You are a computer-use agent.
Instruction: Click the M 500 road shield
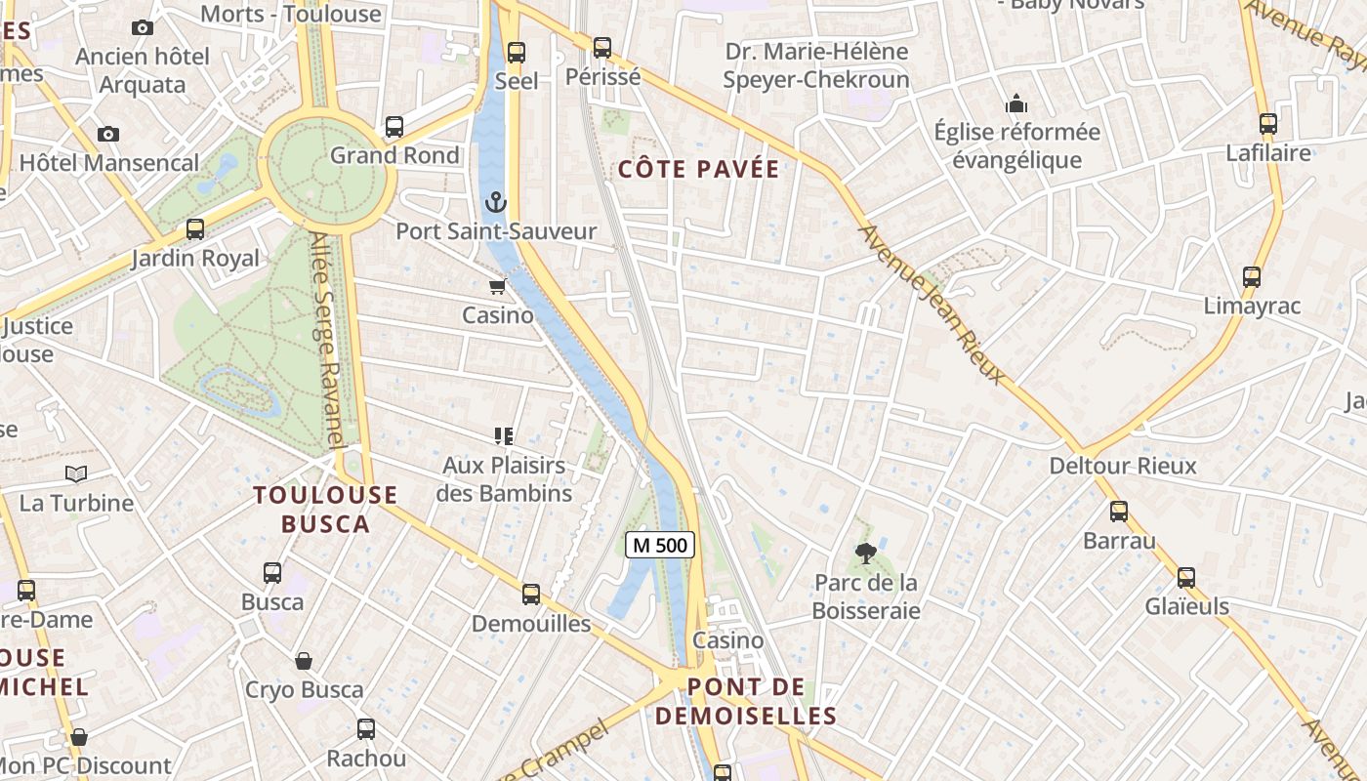pyautogui.click(x=660, y=545)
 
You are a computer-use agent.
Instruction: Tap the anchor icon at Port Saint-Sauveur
pyautogui.click(x=496, y=202)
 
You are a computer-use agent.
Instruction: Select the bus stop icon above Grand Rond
pyautogui.click(x=394, y=126)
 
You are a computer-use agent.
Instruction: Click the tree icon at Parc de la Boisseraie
pyautogui.click(x=865, y=554)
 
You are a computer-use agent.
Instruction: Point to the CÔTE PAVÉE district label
pyautogui.click(x=699, y=169)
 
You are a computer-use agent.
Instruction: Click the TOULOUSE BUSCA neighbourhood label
pyautogui.click(x=326, y=509)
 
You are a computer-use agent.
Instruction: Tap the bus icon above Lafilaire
pyautogui.click(x=1267, y=124)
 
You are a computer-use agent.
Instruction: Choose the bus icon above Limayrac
pyautogui.click(x=1252, y=276)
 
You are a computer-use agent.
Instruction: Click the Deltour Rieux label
pyautogui.click(x=1122, y=466)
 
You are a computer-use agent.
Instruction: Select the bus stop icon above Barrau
pyautogui.click(x=1119, y=511)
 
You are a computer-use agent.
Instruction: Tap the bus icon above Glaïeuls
pyautogui.click(x=1186, y=577)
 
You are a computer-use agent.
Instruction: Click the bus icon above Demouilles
pyautogui.click(x=531, y=594)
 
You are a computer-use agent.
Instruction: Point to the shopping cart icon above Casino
pyautogui.click(x=498, y=286)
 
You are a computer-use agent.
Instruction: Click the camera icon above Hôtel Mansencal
pyautogui.click(x=108, y=134)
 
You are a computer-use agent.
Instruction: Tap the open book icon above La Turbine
pyautogui.click(x=76, y=473)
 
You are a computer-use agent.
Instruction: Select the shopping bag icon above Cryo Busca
pyautogui.click(x=304, y=661)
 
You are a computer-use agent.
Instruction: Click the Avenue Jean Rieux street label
pyautogui.click(x=932, y=304)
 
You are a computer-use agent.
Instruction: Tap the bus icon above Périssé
pyautogui.click(x=602, y=47)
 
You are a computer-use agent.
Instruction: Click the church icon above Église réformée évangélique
pyautogui.click(x=1016, y=103)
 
